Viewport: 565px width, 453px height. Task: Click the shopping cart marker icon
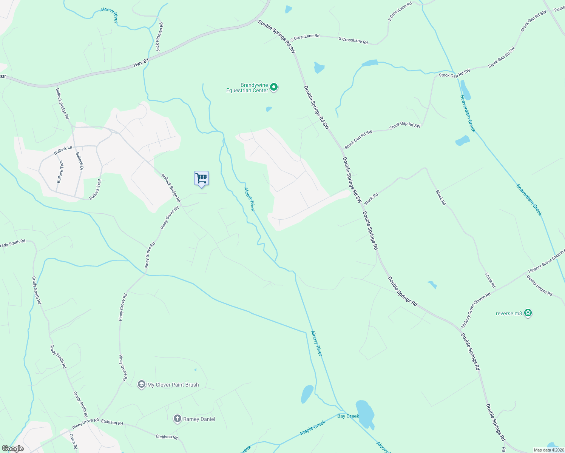click(201, 178)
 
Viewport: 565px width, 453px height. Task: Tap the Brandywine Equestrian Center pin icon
click(274, 88)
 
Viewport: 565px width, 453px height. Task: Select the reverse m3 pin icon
click(528, 313)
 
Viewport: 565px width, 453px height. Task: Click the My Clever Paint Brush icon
click(142, 385)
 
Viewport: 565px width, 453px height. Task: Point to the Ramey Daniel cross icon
click(178, 419)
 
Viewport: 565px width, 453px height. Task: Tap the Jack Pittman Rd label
click(160, 37)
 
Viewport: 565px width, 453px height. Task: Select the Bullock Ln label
click(63, 150)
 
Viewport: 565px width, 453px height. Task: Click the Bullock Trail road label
click(95, 190)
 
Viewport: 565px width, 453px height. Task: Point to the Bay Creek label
click(348, 416)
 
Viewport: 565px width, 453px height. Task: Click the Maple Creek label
click(313, 428)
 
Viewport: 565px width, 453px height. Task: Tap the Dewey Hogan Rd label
click(539, 285)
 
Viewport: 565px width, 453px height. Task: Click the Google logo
click(13, 448)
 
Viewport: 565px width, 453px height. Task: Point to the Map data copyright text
click(549, 450)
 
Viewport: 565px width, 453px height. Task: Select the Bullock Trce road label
click(60, 172)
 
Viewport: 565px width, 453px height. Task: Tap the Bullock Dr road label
click(79, 161)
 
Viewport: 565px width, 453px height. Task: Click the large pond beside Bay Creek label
click(365, 413)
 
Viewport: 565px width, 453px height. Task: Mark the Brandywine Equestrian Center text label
click(247, 88)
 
